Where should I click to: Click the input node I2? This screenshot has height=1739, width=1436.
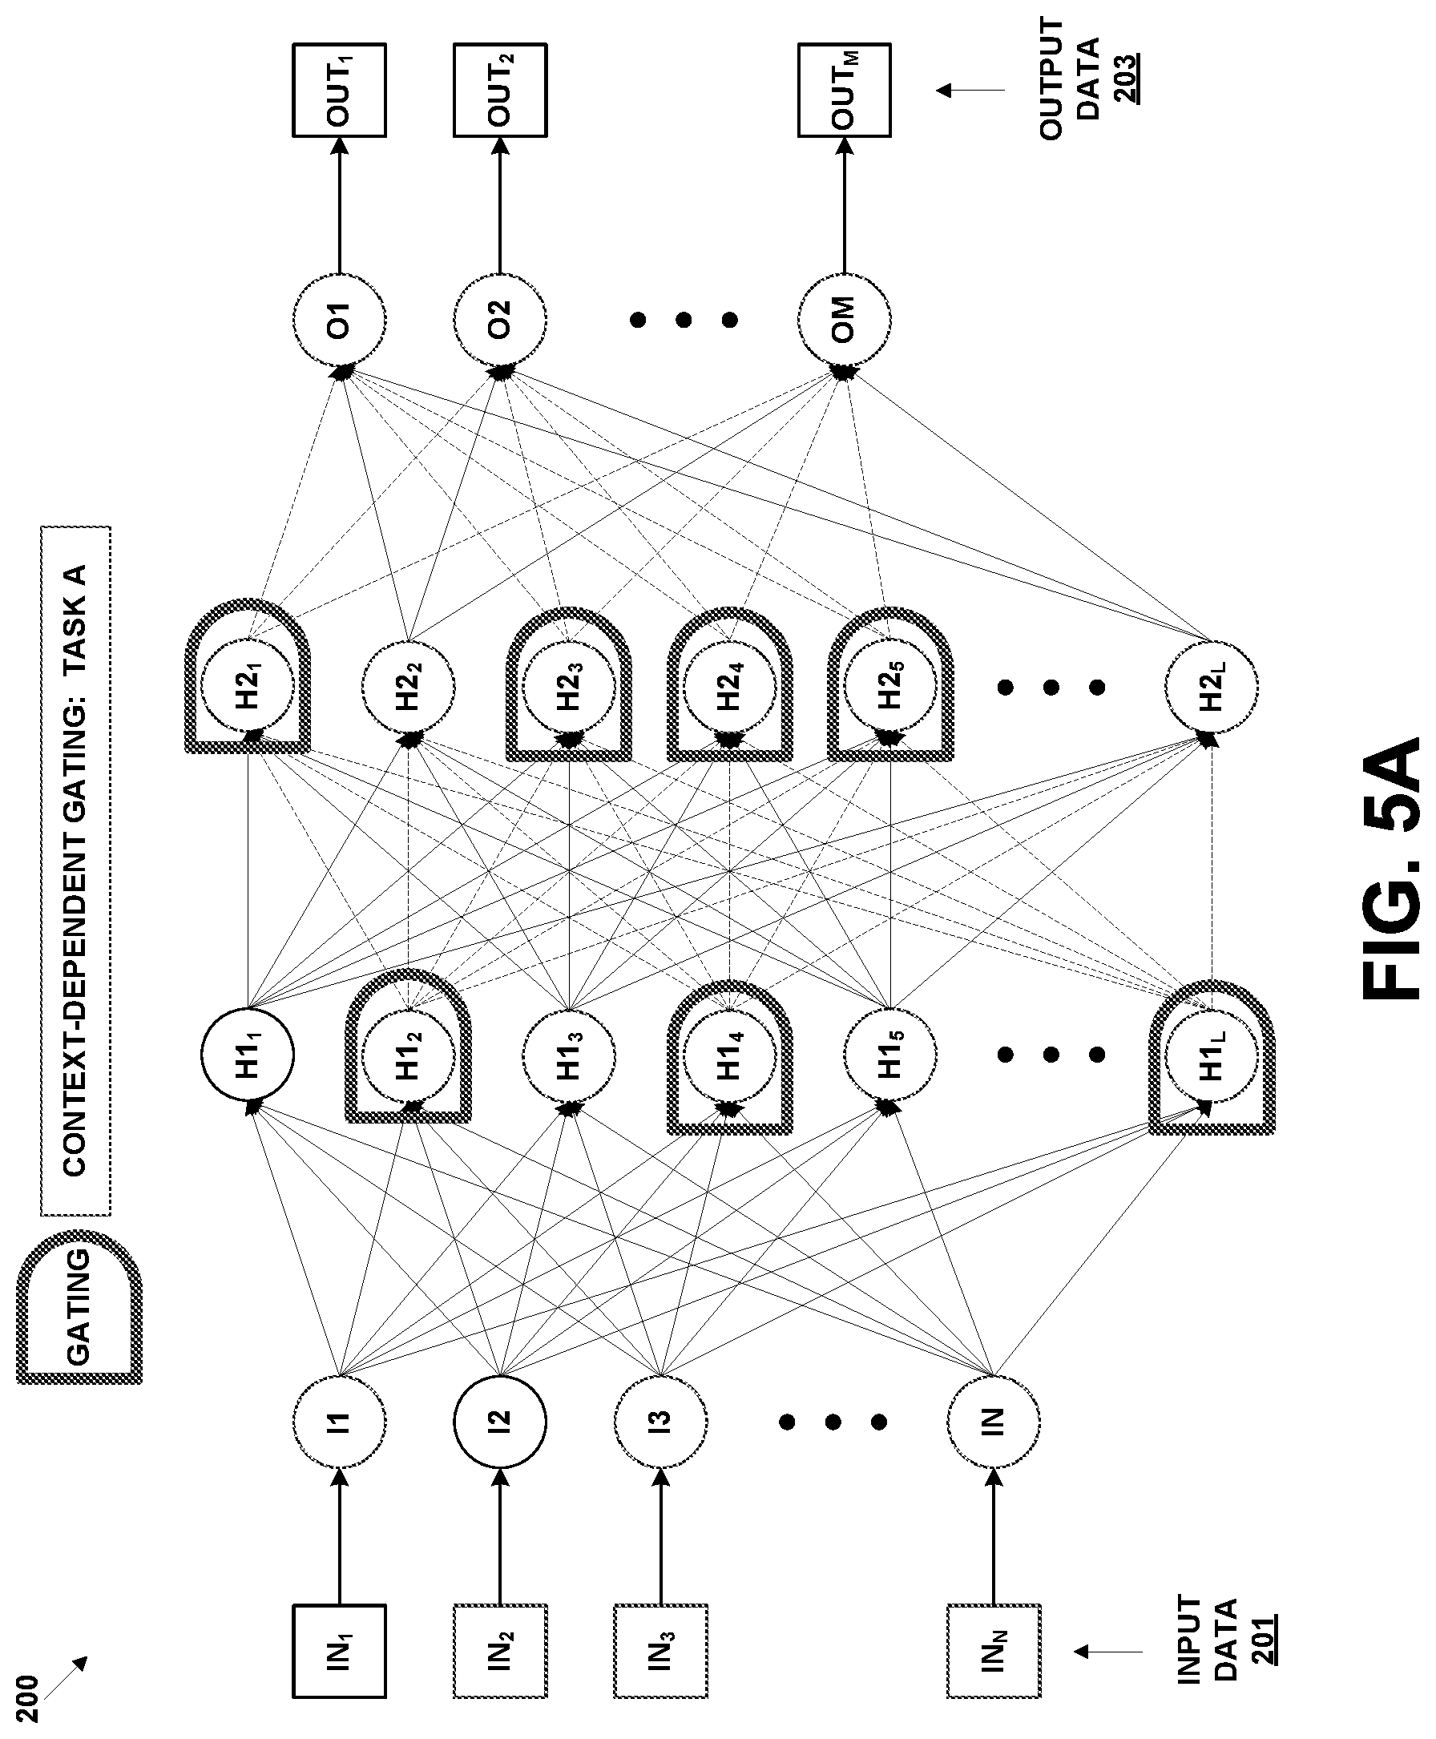[499, 1422]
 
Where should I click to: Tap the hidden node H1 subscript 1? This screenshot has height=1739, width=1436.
[248, 1054]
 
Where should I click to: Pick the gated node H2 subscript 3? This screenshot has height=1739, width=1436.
[569, 686]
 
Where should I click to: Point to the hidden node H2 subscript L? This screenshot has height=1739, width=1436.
[1211, 686]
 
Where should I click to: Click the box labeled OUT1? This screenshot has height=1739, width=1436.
[339, 89]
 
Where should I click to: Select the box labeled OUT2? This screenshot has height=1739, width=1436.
[499, 89]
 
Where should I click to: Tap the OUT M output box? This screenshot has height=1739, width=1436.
[844, 89]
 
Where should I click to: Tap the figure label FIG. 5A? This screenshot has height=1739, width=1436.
[1390, 869]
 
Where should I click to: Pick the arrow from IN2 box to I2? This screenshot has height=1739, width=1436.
[499, 1536]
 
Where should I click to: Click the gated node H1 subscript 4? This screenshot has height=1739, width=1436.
[729, 1054]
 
